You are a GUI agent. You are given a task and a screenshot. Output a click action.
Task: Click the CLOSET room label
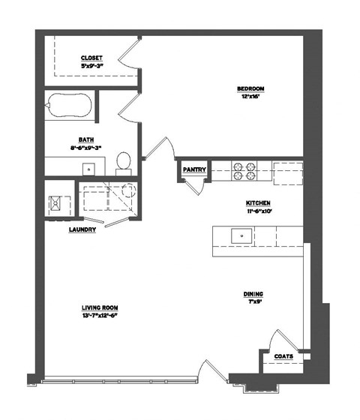pos(91,58)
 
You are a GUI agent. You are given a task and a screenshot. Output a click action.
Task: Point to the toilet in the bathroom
pos(124,160)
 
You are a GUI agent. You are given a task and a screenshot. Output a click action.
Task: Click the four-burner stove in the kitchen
pos(242,171)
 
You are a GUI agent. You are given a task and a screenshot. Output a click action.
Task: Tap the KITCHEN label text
pos(257,203)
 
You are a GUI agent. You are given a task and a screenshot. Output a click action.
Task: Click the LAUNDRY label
pos(82,230)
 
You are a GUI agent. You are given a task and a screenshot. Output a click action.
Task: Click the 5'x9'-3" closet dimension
pos(91,66)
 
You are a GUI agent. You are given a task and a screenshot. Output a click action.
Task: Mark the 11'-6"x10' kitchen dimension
pos(257,211)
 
